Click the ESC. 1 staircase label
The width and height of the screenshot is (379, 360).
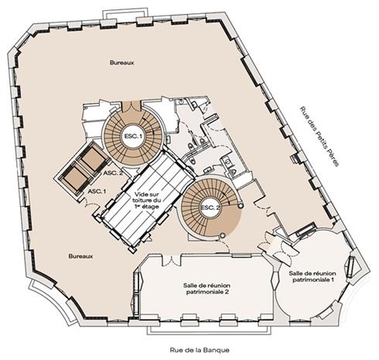[133, 136]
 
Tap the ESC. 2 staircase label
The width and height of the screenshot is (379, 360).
[210, 207]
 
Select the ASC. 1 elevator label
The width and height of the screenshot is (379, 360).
[97, 191]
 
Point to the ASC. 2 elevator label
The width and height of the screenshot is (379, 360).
[113, 173]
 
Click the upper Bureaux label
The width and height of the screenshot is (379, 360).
[122, 63]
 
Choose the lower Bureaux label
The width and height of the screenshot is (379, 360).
[80, 256]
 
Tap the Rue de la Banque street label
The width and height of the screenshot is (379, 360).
[200, 350]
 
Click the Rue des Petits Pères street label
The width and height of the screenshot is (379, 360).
[319, 136]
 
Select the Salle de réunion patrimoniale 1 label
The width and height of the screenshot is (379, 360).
[312, 276]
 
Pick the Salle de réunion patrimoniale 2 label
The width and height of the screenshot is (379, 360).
[207, 289]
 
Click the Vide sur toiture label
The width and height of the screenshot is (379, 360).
[146, 201]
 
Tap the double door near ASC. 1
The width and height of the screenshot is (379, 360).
[90, 204]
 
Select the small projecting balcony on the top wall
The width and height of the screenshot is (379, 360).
[125, 14]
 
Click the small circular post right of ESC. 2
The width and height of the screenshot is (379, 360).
[241, 205]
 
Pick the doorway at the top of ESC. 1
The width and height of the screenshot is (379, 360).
[131, 106]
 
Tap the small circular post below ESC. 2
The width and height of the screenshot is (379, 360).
[223, 235]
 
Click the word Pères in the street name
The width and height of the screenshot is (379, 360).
[332, 157]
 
